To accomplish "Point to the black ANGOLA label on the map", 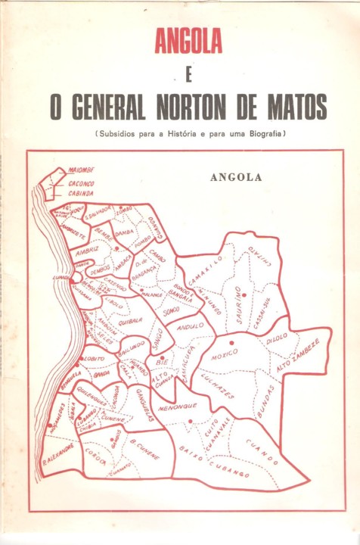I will point(237,179).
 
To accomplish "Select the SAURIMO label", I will point(241,310).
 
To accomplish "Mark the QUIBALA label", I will point(131,319).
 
